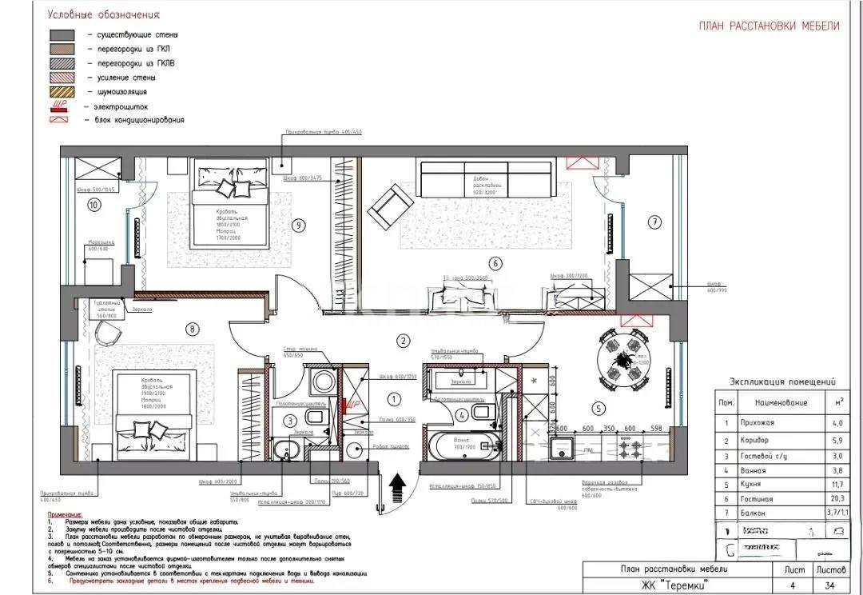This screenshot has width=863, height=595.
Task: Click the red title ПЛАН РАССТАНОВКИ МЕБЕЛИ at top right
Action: tap(769, 26)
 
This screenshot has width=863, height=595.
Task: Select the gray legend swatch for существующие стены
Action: tap(62, 35)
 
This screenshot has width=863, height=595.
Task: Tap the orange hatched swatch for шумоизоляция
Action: tap(62, 92)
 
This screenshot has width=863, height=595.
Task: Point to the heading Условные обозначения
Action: tap(103, 14)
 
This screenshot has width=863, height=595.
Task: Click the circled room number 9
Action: tap(299, 226)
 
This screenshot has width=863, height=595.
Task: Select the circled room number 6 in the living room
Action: tap(495, 262)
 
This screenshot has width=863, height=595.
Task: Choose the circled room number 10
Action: tap(94, 205)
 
